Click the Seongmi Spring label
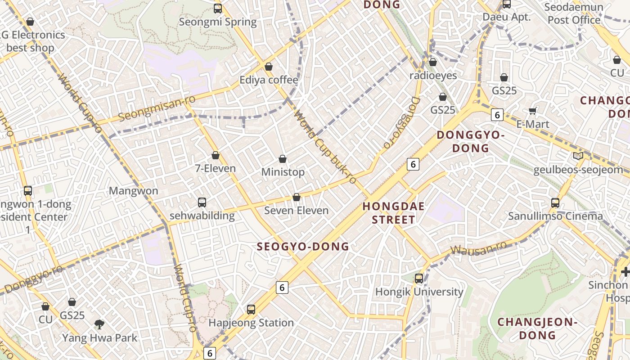[x=218, y=22]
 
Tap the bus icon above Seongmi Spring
[x=218, y=8]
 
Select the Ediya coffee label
[x=269, y=80]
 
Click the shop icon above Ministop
[x=283, y=159]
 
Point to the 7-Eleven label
[x=216, y=168]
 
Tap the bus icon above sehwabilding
[x=202, y=202]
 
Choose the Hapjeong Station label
[x=251, y=323]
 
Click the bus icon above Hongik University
[x=419, y=279]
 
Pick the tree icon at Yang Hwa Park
[x=99, y=324]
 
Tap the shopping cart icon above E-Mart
[x=533, y=111]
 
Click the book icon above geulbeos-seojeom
[x=578, y=156]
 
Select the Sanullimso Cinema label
[x=555, y=216]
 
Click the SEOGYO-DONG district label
[x=303, y=247]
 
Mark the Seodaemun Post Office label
[x=574, y=13]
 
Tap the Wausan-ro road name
[x=479, y=248]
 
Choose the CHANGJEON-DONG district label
[x=537, y=328]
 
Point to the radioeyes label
[x=433, y=75]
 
